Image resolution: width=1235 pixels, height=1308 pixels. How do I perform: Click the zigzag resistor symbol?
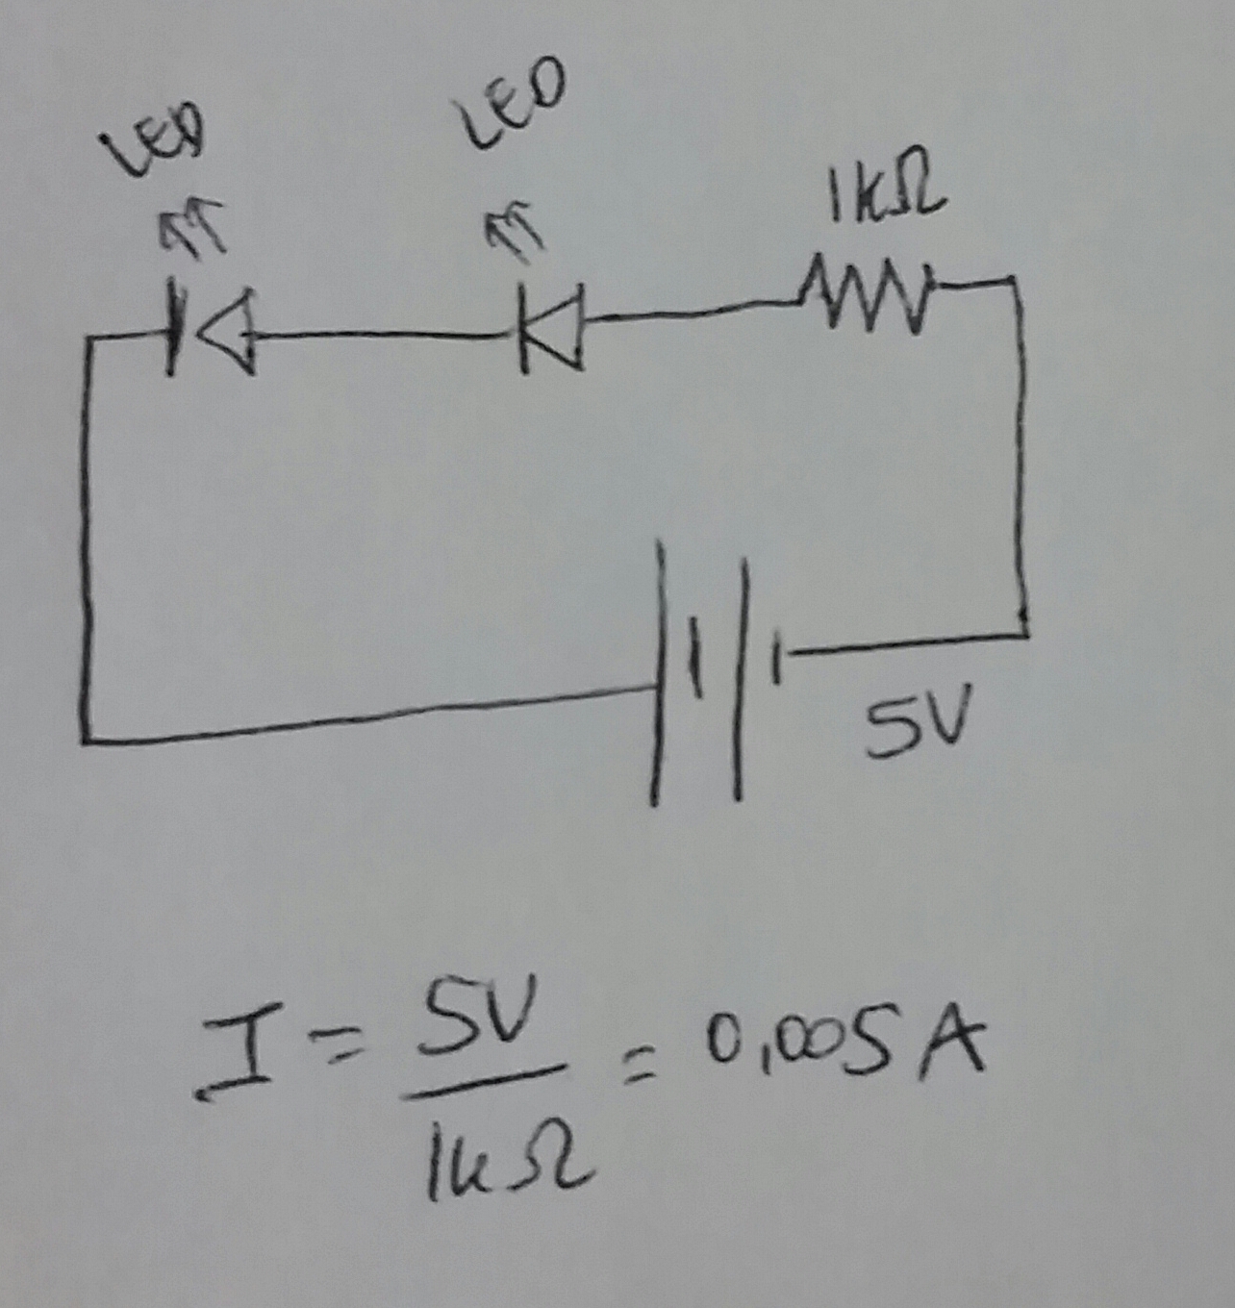[866, 293]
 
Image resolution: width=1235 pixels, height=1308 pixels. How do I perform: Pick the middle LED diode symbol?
[551, 327]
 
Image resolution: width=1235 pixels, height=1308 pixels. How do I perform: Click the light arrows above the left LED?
[192, 226]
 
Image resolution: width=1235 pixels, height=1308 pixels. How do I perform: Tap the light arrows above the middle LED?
[515, 231]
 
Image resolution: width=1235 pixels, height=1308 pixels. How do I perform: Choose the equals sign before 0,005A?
[637, 1068]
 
